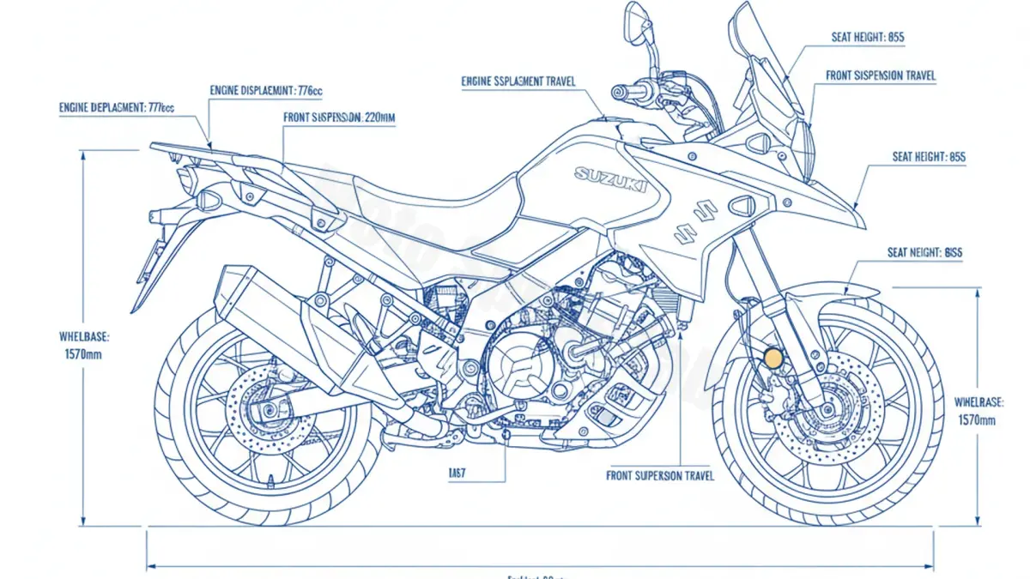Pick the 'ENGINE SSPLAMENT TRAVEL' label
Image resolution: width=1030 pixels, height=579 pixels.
tap(518, 81)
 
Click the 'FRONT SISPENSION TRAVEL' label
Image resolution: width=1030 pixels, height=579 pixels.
tap(881, 75)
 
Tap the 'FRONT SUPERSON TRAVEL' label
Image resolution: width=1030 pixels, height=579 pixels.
tap(660, 475)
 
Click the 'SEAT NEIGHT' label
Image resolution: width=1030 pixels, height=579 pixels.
tap(924, 253)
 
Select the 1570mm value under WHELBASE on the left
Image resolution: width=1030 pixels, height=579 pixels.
tap(83, 353)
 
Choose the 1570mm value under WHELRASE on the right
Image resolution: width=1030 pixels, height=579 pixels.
tap(976, 420)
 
